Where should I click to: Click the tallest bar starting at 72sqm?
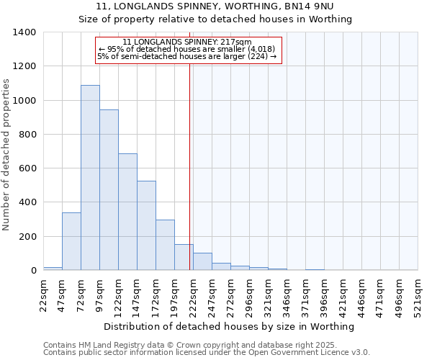point(90,178)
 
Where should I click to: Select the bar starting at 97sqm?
point(109,190)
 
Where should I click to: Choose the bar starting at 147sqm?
point(146,225)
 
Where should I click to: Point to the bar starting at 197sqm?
point(184,257)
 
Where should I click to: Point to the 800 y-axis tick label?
point(27,135)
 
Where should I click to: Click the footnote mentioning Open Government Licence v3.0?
point(207,352)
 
